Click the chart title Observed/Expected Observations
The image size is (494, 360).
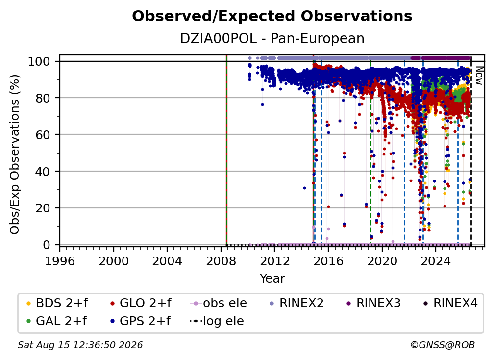tap(272, 16)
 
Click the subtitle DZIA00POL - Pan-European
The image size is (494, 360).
tap(272, 39)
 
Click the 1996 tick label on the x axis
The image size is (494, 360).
tap(60, 261)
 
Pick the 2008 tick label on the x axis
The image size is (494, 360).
tap(221, 261)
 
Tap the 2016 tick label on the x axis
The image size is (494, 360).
tap(328, 261)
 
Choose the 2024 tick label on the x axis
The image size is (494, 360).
tap(436, 261)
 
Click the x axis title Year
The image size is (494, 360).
tap(272, 279)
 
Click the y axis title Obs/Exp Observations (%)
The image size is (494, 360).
tap(15, 154)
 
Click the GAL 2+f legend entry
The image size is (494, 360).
tap(56, 321)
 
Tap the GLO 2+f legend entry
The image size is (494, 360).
tap(141, 303)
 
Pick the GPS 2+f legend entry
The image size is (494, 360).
tap(141, 321)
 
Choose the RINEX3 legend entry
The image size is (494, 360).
tap(373, 303)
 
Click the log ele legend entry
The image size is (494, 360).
tap(217, 321)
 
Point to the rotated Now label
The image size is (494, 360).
tap(479, 76)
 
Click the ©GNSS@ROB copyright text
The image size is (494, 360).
tap(443, 345)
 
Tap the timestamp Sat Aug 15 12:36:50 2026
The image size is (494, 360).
tap(80, 345)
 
